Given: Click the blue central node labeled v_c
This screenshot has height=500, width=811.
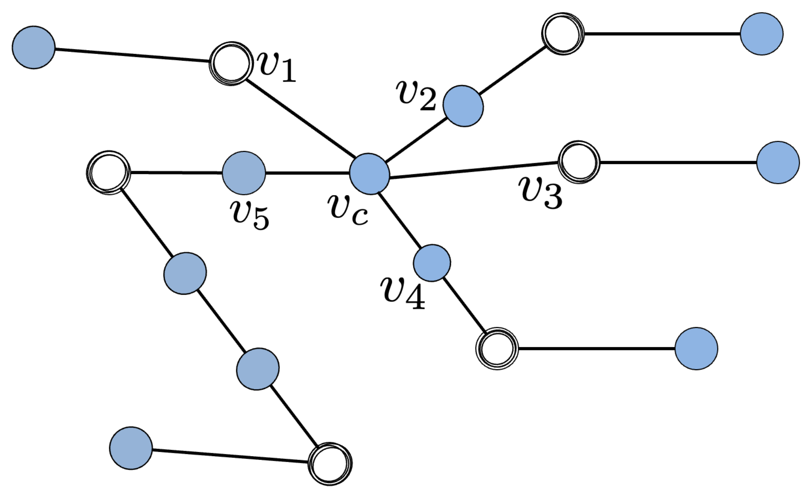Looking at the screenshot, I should point(369,174).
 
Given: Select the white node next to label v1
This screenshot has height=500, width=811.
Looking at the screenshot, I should point(230,64).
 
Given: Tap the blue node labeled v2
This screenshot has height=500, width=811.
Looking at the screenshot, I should point(463,106).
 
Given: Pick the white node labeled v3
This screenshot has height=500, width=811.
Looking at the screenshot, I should point(579,162).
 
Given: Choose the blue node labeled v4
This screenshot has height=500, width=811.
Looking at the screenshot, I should point(432,263).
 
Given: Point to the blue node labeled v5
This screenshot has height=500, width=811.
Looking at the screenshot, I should point(244,173).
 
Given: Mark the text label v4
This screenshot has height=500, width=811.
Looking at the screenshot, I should point(403,293).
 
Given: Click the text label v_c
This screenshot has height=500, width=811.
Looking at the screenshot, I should point(348,210).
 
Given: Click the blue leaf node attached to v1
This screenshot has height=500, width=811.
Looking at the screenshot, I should point(34,47).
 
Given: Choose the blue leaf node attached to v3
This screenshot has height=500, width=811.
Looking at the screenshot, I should point(778,162).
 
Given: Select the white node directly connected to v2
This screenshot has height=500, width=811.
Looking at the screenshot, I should point(563,34).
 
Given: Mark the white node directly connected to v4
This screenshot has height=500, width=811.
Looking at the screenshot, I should point(497,349).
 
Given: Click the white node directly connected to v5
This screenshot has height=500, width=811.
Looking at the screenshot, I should point(108,172).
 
